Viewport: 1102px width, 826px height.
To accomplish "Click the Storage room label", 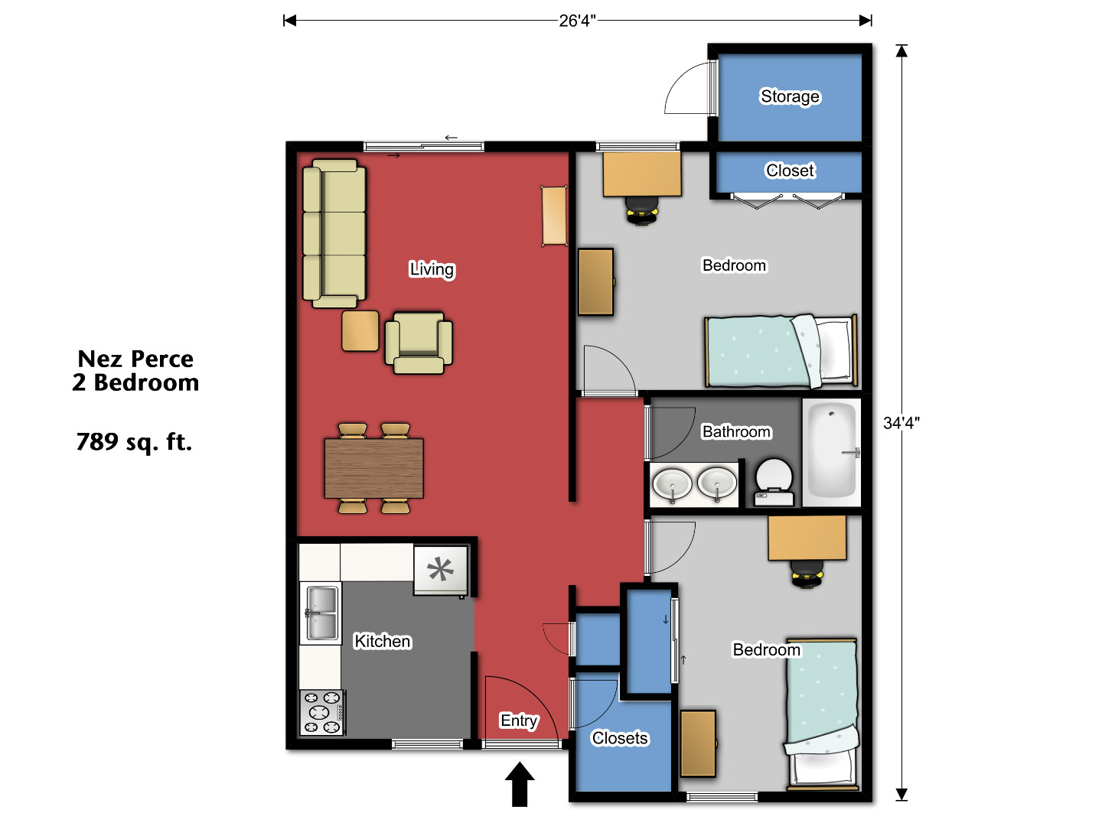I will click(790, 96).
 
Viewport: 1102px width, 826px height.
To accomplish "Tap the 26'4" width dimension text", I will click(576, 21).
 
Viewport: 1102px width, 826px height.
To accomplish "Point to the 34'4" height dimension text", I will click(901, 423).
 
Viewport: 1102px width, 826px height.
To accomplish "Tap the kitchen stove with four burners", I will click(322, 712).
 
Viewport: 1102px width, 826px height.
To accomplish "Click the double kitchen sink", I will click(321, 613).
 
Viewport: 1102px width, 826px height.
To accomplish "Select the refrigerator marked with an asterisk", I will click(440, 570).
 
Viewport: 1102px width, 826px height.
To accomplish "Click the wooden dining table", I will click(373, 468).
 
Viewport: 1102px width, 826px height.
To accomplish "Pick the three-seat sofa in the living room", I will click(334, 233).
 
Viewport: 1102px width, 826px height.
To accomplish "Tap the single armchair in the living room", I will click(418, 343).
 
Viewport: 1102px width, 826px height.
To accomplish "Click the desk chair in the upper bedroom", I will click(641, 210).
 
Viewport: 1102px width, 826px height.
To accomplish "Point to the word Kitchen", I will click(383, 642).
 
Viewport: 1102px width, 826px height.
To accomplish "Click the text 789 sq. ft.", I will click(134, 442).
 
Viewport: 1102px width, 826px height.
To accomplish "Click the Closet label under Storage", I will click(790, 171).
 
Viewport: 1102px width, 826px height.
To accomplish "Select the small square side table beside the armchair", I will click(360, 330).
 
